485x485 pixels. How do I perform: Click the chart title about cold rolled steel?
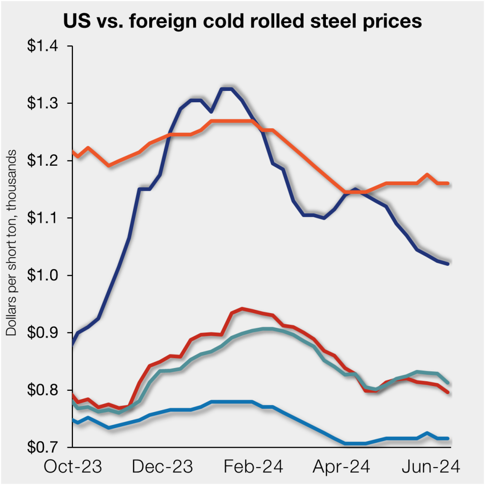coord(242,21)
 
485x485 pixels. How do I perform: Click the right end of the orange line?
coord(448,183)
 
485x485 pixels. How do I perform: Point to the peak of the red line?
coord(242,309)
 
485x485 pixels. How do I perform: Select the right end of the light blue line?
coord(448,439)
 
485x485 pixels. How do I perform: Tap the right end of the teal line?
coord(448,383)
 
